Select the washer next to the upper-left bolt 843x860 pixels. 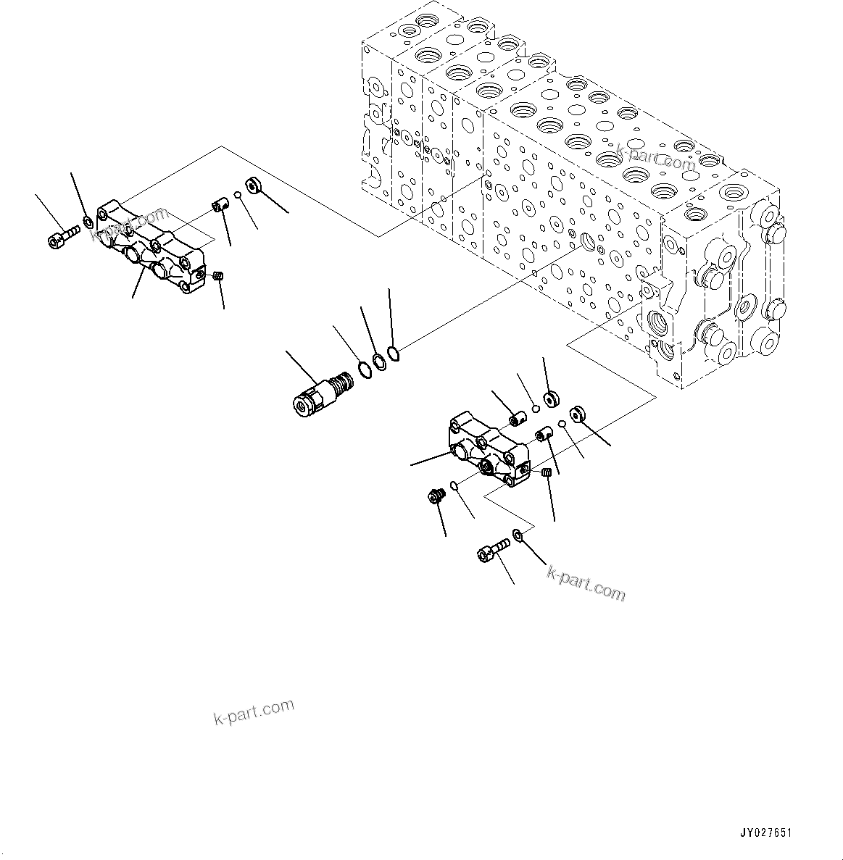pyautogui.click(x=88, y=221)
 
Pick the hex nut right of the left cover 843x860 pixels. pyautogui.click(x=254, y=185)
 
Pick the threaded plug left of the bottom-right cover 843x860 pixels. pyautogui.click(x=436, y=497)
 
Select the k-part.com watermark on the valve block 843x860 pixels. pyautogui.click(x=656, y=159)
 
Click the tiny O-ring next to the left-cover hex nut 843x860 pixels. pyautogui.click(x=237, y=196)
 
